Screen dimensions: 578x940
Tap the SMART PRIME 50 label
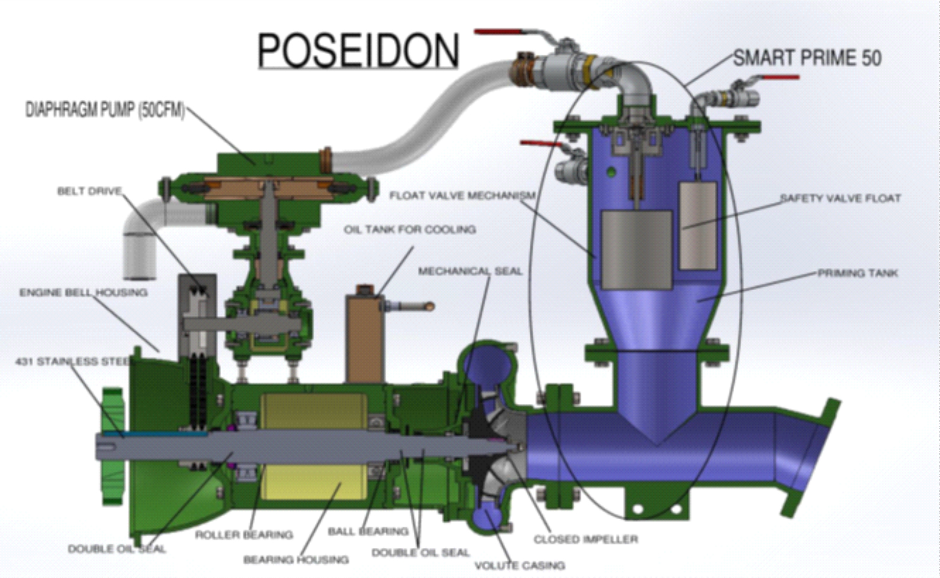(x=807, y=58)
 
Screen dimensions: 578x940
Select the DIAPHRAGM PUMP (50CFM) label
(x=105, y=111)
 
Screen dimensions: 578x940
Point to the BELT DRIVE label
(x=89, y=191)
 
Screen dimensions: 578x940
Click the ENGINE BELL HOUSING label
(x=83, y=293)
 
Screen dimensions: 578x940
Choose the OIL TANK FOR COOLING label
(x=410, y=230)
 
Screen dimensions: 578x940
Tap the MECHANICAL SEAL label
(x=470, y=271)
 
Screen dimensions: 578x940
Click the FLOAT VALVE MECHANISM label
(x=462, y=196)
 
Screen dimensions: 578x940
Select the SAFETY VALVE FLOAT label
(x=840, y=198)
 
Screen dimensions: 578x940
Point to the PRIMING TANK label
(x=857, y=273)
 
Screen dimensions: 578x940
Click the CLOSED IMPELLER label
(x=586, y=540)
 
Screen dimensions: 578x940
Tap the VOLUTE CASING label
(x=520, y=565)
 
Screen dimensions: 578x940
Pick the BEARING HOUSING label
(x=296, y=560)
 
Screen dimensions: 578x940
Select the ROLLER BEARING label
(x=244, y=535)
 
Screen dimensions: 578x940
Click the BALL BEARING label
(x=368, y=532)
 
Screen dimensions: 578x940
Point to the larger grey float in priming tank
(x=636, y=249)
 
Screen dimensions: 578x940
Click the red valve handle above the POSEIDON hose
(x=499, y=32)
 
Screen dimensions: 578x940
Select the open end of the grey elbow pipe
(x=139, y=276)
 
